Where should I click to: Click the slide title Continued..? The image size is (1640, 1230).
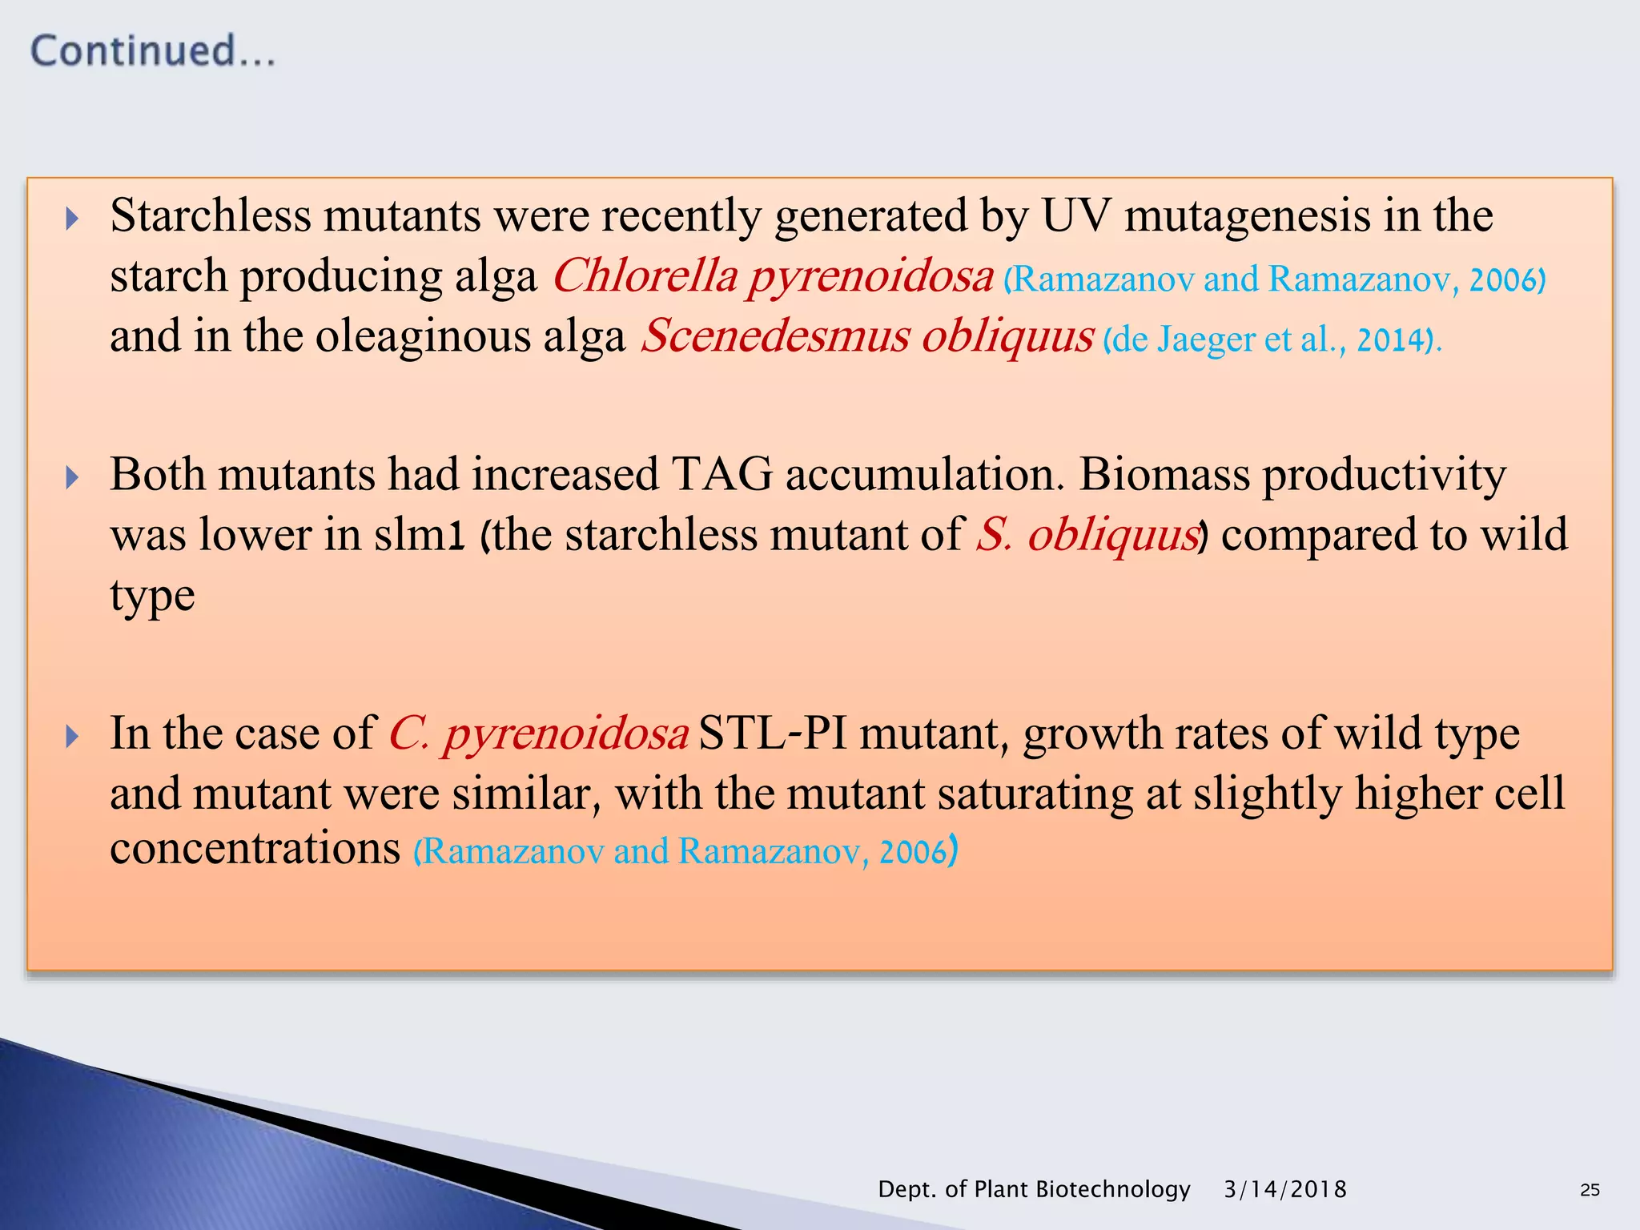point(153,51)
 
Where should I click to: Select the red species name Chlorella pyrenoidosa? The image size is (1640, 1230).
point(773,277)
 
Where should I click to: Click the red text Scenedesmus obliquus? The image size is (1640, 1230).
point(867,336)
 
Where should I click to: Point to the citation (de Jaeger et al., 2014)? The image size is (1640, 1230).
point(1272,340)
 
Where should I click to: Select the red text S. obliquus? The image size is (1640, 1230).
point(1087,535)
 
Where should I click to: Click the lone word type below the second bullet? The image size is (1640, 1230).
point(152,596)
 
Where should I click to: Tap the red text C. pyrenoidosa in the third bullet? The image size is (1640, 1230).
point(538,734)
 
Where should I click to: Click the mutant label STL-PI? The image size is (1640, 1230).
point(772,734)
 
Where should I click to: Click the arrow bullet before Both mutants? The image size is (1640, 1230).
point(72,478)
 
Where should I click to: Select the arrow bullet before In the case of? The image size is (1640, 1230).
point(72,736)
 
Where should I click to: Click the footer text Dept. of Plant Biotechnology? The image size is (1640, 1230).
point(1034,1189)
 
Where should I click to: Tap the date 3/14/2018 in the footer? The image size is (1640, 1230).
point(1285,1189)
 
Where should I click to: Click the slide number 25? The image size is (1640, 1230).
point(1590,1190)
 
